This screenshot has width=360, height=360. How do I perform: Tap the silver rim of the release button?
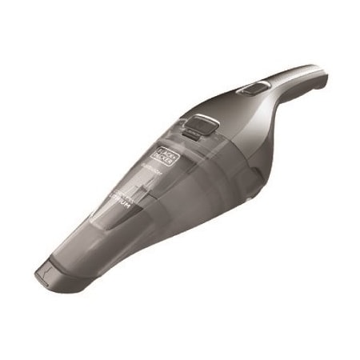click(x=208, y=119)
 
